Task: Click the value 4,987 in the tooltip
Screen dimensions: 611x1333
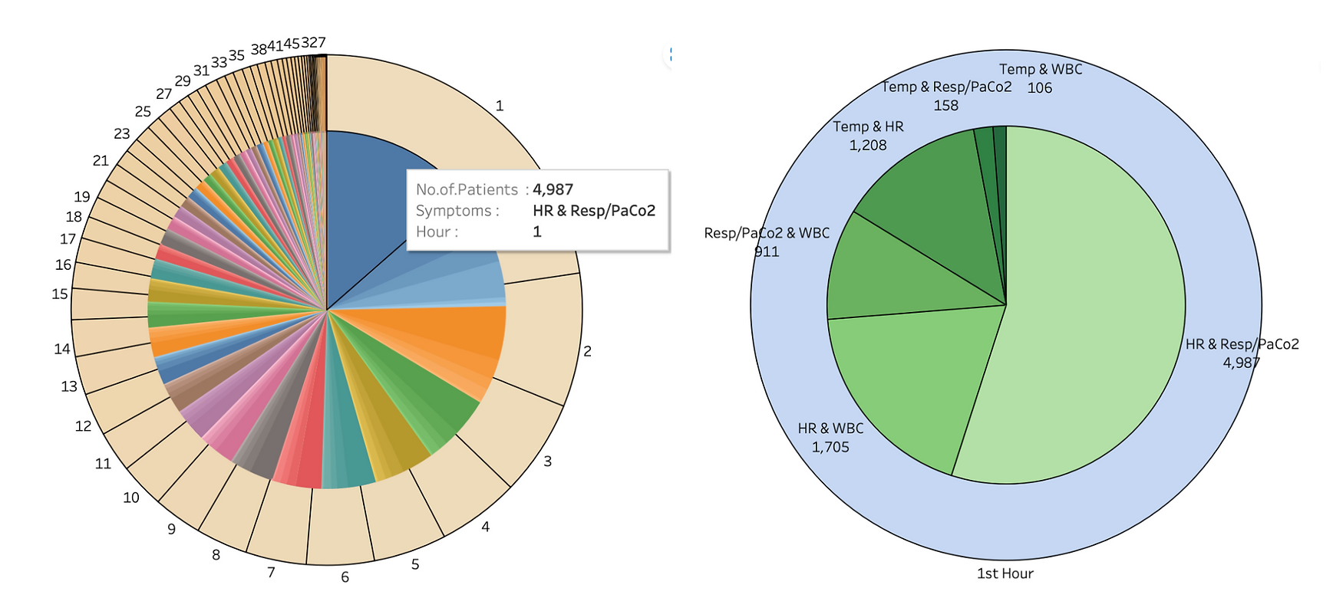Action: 553,189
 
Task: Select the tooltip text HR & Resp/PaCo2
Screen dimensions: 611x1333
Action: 594,211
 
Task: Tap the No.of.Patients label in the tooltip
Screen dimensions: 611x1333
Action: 467,189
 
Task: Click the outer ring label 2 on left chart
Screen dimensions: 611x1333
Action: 587,351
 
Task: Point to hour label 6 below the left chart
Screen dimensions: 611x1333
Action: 345,577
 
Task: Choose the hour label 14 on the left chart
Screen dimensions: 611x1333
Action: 62,349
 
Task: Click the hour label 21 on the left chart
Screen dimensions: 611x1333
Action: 101,160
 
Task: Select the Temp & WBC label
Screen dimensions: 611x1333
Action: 1040,69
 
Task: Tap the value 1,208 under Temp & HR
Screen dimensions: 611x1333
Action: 867,145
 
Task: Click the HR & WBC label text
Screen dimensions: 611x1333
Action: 830,429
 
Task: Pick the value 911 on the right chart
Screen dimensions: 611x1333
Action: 767,251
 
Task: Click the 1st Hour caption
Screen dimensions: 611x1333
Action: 1005,573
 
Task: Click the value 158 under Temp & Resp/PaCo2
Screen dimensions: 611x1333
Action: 945,106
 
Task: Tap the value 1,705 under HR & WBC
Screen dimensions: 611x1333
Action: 830,447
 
